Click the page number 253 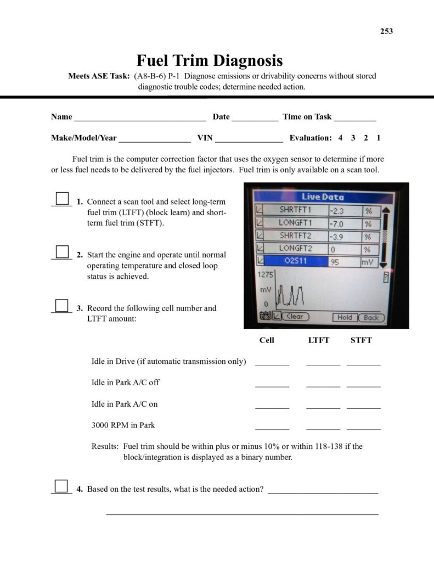(386, 31)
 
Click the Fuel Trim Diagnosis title (209, 60)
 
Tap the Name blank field (139, 117)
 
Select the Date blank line (255, 117)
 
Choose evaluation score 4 (340, 138)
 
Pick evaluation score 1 (379, 138)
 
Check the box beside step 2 (63, 252)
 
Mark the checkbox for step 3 (63, 306)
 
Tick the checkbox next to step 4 (61, 486)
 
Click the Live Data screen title (323, 197)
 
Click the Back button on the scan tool (371, 317)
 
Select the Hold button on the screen (345, 317)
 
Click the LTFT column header (319, 340)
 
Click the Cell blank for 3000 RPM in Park (272, 426)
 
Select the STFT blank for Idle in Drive (363, 362)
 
